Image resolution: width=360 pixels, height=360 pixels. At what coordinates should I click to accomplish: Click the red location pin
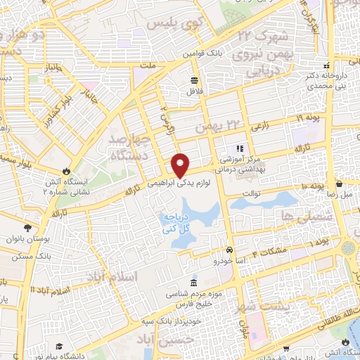click(181, 166)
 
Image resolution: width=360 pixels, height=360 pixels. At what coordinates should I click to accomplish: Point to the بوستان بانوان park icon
click(27, 228)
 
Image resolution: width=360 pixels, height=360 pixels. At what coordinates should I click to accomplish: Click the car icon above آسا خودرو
click(229, 250)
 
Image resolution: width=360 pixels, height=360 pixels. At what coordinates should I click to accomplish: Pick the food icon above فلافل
click(193, 79)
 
